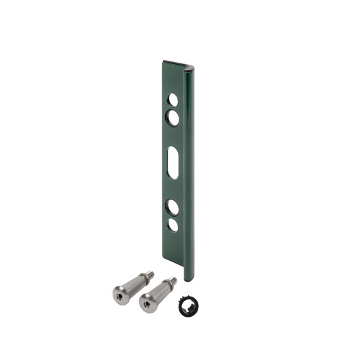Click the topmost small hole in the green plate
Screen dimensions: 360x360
coord(173,100)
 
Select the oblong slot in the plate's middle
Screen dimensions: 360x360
coord(173,162)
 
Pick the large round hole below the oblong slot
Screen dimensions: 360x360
coord(173,207)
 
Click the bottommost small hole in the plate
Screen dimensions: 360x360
coord(173,226)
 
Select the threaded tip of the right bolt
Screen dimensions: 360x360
coord(173,280)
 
